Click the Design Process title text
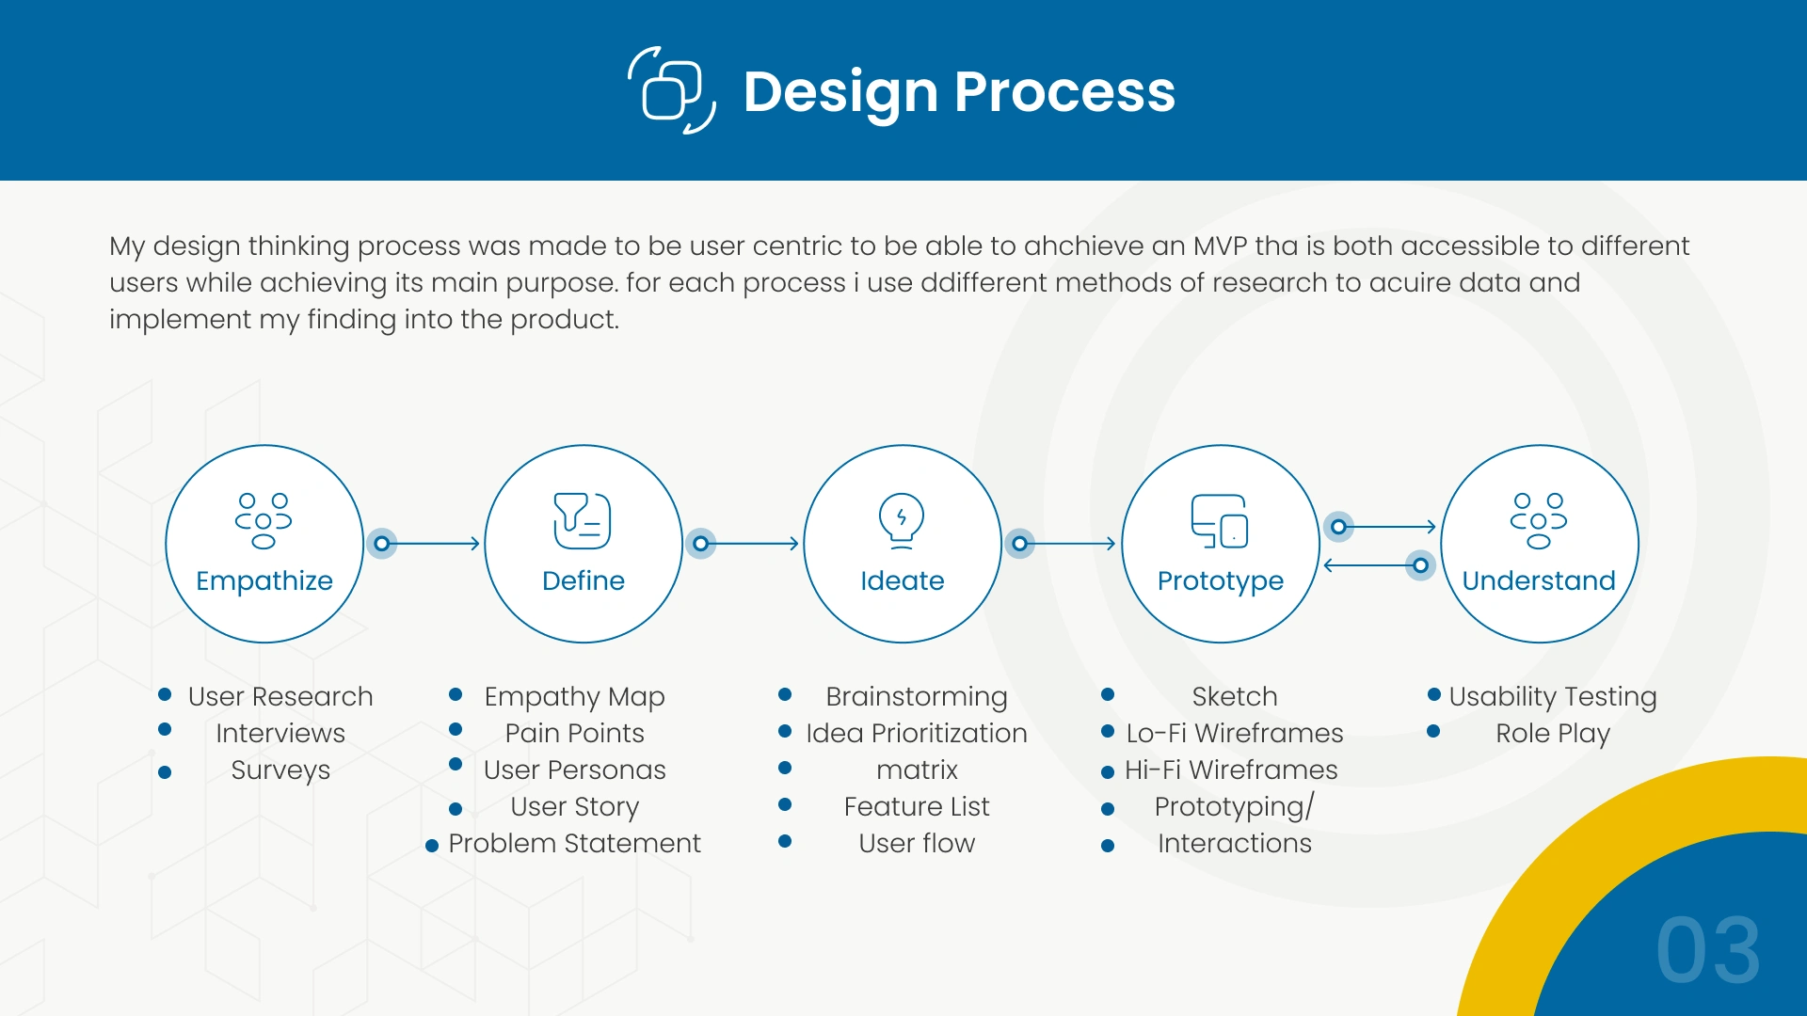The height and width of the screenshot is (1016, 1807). pyautogui.click(x=959, y=92)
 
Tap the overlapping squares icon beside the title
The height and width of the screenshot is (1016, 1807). pyautogui.click(x=672, y=90)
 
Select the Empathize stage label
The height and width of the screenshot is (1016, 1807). pyautogui.click(x=264, y=581)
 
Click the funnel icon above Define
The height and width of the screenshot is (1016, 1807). pyautogui.click(x=583, y=520)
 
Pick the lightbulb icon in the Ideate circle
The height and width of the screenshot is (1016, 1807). pyautogui.click(x=902, y=520)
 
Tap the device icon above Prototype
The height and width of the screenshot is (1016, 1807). pyautogui.click(x=1220, y=521)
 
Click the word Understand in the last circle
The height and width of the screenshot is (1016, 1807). pyautogui.click(x=1539, y=580)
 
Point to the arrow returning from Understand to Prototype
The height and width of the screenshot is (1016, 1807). pyautogui.click(x=1380, y=565)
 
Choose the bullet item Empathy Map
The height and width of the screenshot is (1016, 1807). pyautogui.click(x=574, y=697)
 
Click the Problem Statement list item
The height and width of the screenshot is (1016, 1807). pyautogui.click(x=574, y=843)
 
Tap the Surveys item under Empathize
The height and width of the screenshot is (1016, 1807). pyautogui.click(x=280, y=770)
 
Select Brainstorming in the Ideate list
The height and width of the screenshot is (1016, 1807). pyautogui.click(x=917, y=697)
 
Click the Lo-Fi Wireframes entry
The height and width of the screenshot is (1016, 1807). pyautogui.click(x=1235, y=733)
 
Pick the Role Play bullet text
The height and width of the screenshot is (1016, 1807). pyautogui.click(x=1553, y=734)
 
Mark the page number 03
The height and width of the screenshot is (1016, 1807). pyautogui.click(x=1708, y=950)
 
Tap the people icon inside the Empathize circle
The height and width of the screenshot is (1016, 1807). pyautogui.click(x=264, y=520)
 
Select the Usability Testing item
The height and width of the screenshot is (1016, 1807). pyautogui.click(x=1553, y=697)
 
